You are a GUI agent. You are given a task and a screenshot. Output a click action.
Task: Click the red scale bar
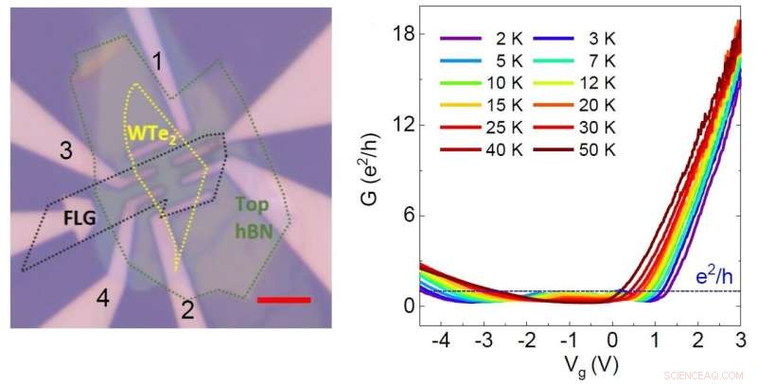click(x=283, y=300)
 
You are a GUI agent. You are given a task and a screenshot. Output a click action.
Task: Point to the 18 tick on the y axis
click(x=404, y=34)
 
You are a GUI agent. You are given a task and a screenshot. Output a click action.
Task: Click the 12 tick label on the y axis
click(x=404, y=125)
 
